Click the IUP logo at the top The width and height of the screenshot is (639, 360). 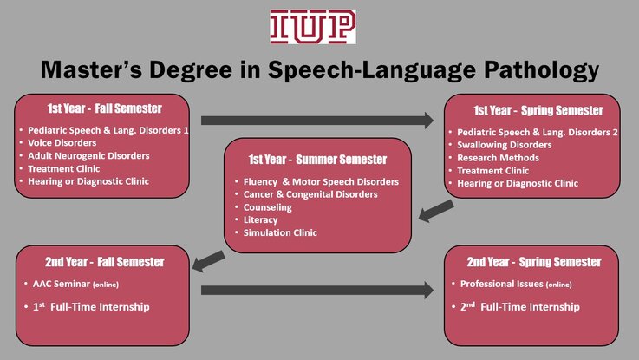point(313,27)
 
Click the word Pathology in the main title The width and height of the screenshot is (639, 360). point(542,70)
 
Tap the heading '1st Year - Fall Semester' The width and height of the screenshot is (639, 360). point(105,108)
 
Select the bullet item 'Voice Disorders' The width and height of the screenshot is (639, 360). point(62,142)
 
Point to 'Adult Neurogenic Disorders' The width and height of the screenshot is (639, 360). point(88,156)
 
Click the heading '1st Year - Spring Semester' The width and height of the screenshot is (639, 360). point(538,110)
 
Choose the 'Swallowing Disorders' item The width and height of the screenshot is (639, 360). point(504,145)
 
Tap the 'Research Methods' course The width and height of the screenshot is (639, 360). point(498,158)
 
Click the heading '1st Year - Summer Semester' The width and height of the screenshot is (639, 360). point(317,160)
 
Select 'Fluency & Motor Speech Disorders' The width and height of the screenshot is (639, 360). point(321,182)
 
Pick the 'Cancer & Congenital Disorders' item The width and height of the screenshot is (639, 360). point(310,194)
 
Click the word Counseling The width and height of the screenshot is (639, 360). point(267,207)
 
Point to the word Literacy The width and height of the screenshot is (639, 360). point(260,220)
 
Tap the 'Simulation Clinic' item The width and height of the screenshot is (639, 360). point(280,232)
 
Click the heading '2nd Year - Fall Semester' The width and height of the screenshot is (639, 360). point(105,262)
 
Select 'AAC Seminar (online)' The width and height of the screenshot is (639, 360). point(75,284)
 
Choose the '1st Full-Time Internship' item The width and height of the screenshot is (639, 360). point(91,306)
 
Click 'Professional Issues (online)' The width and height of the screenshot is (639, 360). point(516,284)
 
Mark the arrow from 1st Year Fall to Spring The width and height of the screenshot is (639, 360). point(317,121)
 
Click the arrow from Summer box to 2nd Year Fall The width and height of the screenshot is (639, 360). point(208,261)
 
